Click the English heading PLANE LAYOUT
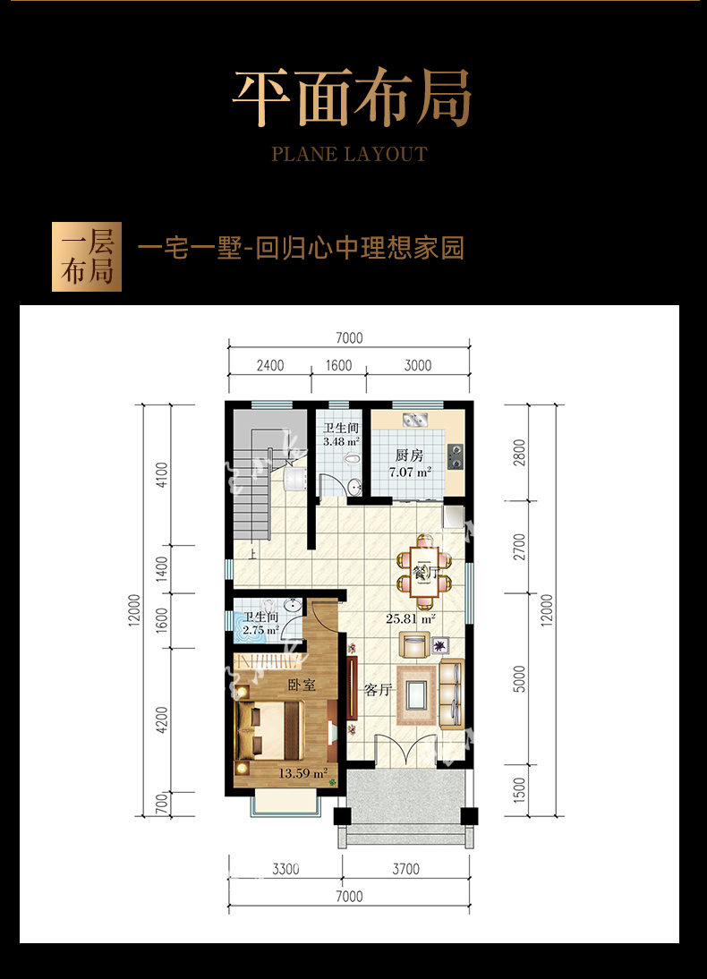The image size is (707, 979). pyautogui.click(x=349, y=154)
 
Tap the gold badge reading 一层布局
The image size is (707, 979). pyautogui.click(x=87, y=257)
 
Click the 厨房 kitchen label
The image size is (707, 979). pyautogui.click(x=410, y=455)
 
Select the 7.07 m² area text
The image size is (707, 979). pyautogui.click(x=410, y=472)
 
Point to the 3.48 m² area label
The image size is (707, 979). pyautogui.click(x=341, y=441)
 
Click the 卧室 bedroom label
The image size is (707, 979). pyautogui.click(x=302, y=685)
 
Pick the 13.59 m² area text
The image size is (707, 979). pyautogui.click(x=302, y=773)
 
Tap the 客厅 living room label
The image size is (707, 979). pyautogui.click(x=379, y=689)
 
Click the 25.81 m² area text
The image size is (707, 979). pyautogui.click(x=411, y=618)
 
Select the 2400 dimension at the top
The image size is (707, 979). pyautogui.click(x=270, y=365)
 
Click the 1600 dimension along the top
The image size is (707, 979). pyautogui.click(x=338, y=365)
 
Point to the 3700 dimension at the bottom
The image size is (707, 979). pyautogui.click(x=406, y=869)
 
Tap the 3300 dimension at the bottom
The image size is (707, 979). pyautogui.click(x=285, y=869)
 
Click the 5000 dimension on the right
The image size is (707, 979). pyautogui.click(x=520, y=678)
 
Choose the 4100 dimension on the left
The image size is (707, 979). pyautogui.click(x=162, y=475)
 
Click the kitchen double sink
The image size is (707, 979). pyautogui.click(x=414, y=420)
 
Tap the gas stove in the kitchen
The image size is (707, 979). pyautogui.click(x=456, y=455)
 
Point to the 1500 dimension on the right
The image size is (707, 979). pyautogui.click(x=520, y=790)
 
